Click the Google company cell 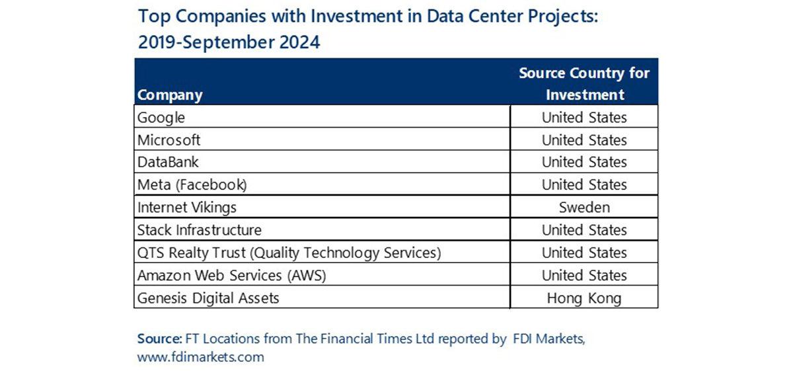pos(161,118)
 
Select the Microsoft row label pos(169,140)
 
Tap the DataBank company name pos(168,162)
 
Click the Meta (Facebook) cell pos(192,185)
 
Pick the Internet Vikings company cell pos(187,207)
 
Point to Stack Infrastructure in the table pos(200,230)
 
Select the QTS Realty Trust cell pos(289,253)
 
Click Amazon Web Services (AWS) pos(232,275)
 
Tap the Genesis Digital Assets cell pos(208,298)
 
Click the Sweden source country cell pos(584,207)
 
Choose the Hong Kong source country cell pos(584,298)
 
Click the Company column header pos(170,95)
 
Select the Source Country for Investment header pos(584,83)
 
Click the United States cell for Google pos(584,118)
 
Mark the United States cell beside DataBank pos(584,162)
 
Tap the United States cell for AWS pos(584,275)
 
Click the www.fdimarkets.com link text pos(201,357)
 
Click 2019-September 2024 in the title pos(229,42)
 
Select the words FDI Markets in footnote pos(548,339)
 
